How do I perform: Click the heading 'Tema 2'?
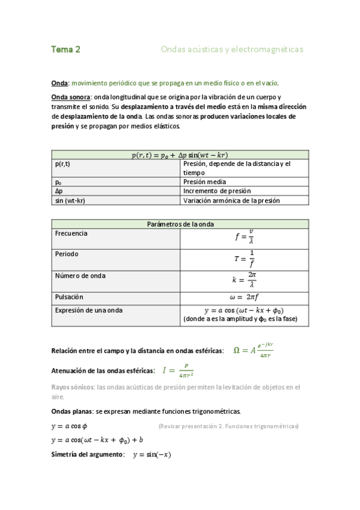click(66, 49)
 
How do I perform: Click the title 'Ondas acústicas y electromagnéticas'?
click(232, 49)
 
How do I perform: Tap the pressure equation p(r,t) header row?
click(180, 155)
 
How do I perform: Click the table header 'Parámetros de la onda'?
click(180, 224)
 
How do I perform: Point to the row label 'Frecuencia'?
click(71, 233)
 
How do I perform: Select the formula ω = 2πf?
click(245, 297)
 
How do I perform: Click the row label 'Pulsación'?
click(69, 297)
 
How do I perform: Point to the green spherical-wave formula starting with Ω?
click(253, 350)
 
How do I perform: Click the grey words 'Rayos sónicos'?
click(73, 387)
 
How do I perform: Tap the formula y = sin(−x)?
click(151, 455)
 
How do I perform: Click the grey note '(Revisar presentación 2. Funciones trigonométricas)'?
click(228, 426)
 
